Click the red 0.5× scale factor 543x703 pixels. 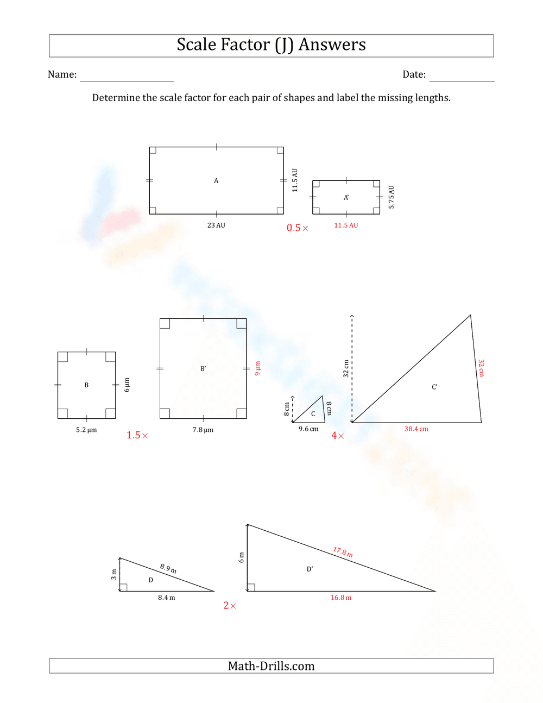298,228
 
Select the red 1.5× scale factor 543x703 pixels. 137,435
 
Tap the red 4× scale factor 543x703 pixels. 338,436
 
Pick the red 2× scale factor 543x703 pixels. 230,606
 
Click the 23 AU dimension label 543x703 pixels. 216,225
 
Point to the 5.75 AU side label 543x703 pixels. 392,197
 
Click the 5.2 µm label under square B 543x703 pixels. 86,430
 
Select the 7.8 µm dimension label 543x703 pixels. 203,430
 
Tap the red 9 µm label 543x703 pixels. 258,368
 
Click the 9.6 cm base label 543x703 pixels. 308,429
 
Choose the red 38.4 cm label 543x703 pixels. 416,429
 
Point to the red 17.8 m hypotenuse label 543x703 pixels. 343,552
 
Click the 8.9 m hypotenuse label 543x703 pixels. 168,568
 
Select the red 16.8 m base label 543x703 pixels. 341,598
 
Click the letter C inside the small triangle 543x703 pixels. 313,414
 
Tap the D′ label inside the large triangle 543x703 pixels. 310,569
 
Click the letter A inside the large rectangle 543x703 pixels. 216,181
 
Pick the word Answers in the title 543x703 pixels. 332,45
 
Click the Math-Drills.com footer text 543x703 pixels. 271,666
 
